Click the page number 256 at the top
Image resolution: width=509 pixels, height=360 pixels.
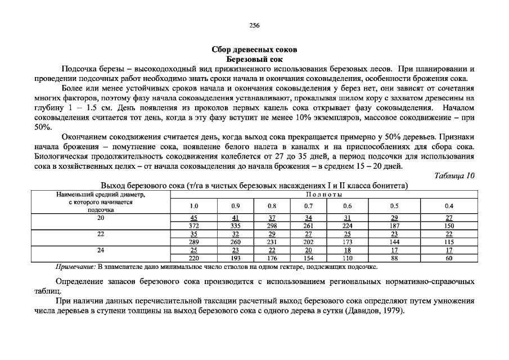[x=254, y=26]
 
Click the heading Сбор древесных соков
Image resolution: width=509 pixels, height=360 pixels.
[x=254, y=49]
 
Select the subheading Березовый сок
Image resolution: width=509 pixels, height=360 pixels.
[x=254, y=58]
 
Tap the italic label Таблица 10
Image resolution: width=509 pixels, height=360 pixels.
[x=455, y=175]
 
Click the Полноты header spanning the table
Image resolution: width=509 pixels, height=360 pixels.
[x=324, y=194]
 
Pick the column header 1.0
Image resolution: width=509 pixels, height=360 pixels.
[x=194, y=206]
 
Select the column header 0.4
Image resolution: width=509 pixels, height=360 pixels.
[x=449, y=206]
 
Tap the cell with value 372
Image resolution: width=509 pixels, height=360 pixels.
[x=194, y=226]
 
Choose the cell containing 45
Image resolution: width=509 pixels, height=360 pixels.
[x=194, y=218]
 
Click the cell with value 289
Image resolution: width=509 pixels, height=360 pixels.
[x=194, y=242]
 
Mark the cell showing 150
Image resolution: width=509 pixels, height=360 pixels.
[x=449, y=226]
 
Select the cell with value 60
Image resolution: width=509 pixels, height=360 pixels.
[x=449, y=258]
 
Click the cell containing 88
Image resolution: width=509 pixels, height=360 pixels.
[x=394, y=258]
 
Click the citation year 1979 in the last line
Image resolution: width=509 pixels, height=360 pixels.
[x=390, y=311]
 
